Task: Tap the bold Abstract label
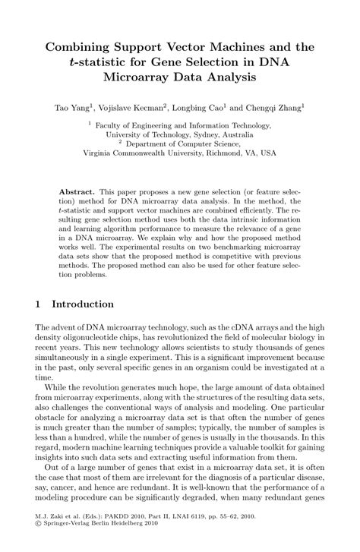click(77, 185)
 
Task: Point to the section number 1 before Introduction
click(38, 304)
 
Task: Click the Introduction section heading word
click(83, 304)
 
